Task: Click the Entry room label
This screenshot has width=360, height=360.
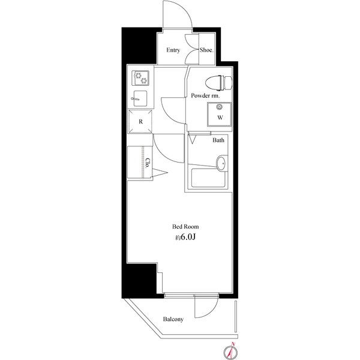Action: [173, 50]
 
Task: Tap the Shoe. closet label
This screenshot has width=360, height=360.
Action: [206, 50]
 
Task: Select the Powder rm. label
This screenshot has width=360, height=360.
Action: [205, 95]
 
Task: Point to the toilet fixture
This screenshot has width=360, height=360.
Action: [219, 83]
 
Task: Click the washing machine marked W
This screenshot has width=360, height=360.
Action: [219, 115]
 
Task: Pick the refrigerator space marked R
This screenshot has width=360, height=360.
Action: [140, 121]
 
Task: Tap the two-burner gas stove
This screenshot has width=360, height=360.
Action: [140, 78]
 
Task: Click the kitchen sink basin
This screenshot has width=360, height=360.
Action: [140, 98]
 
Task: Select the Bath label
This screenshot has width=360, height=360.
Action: [218, 140]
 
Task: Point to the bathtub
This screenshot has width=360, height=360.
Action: [208, 178]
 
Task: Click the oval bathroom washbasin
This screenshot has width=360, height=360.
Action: [221, 163]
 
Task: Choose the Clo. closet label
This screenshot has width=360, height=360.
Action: [148, 163]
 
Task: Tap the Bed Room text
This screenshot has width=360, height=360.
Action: [185, 227]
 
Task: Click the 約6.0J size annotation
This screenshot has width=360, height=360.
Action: [185, 238]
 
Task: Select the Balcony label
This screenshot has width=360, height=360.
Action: [173, 319]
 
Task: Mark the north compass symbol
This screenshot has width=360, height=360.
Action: [231, 350]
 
